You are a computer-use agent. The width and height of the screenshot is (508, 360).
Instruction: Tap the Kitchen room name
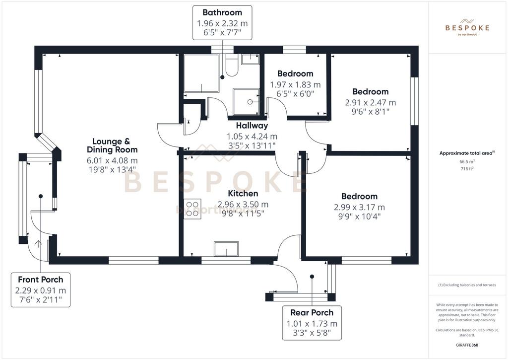pos(243,194)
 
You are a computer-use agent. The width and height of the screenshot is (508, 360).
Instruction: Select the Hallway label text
pos(252,126)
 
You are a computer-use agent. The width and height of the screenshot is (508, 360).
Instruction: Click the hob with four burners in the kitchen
pos(192,209)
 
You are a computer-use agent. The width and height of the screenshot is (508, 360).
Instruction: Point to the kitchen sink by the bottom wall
pos(226,249)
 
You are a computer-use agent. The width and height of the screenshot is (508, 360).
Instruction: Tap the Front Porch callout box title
pos(41,280)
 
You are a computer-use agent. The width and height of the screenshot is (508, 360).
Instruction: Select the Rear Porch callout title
pos(312,313)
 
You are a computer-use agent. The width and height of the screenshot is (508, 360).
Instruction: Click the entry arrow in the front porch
pos(38,244)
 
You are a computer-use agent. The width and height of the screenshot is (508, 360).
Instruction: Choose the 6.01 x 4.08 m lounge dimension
pos(112,160)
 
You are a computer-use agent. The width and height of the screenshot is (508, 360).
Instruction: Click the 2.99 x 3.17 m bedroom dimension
pos(359,207)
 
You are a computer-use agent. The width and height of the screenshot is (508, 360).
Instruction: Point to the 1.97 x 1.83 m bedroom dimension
pos(295,84)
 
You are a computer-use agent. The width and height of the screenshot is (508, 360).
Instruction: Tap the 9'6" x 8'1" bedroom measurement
pos(370,112)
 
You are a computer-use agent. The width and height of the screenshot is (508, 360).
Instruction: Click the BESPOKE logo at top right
pos(467,27)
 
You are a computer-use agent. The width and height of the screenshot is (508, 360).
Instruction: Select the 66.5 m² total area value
pos(467,161)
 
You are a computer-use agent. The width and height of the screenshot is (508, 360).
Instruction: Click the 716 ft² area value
pos(467,169)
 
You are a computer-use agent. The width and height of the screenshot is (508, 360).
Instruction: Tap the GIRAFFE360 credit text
pos(467,345)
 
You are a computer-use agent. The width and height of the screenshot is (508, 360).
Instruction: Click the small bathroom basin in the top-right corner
pos(251,59)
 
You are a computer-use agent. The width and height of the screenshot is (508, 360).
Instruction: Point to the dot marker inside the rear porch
pos(312,277)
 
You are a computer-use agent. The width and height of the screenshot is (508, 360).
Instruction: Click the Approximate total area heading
pos(467,153)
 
